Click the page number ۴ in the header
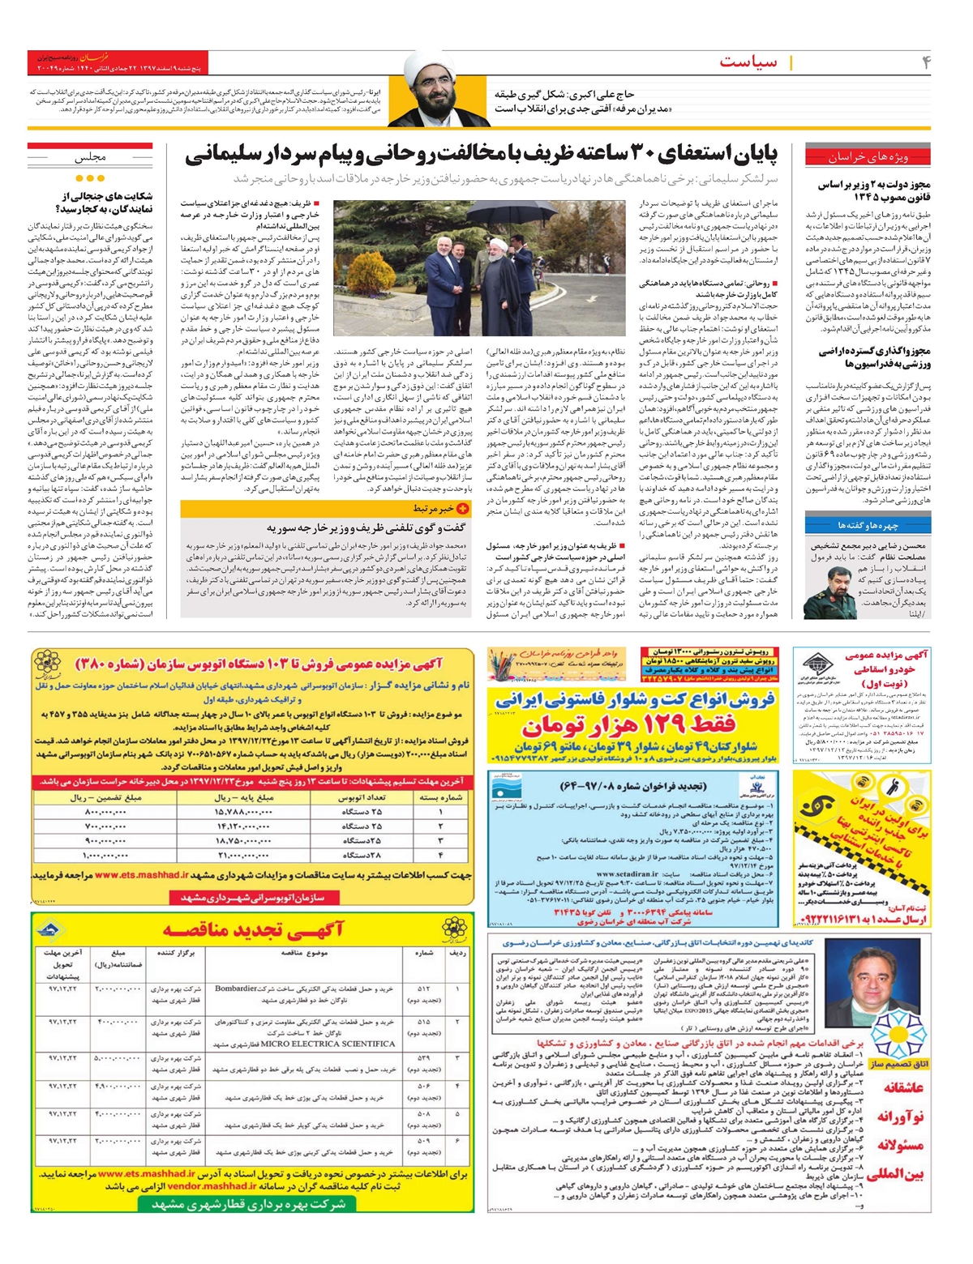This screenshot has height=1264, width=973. [926, 62]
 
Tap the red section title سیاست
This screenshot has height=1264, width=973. [748, 62]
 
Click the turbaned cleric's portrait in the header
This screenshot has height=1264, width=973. [437, 92]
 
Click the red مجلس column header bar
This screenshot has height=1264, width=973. [90, 156]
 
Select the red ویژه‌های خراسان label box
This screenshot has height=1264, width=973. [868, 156]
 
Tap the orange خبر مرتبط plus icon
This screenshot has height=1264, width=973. [463, 509]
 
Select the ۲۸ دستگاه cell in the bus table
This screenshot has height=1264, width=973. [361, 855]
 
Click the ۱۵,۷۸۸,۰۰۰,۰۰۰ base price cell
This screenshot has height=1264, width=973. [243, 811]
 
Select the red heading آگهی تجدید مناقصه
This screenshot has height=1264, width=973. [253, 929]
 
